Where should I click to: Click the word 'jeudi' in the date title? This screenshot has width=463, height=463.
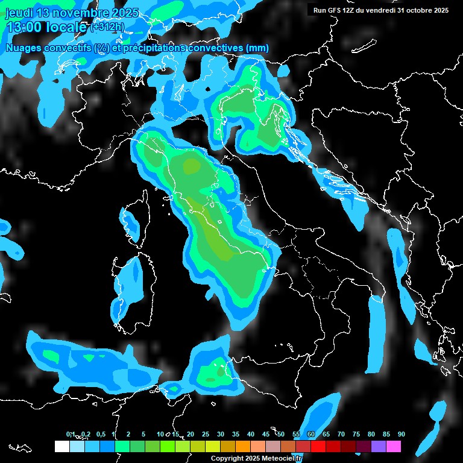(19, 13)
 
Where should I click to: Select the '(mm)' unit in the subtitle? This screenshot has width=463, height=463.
(257, 48)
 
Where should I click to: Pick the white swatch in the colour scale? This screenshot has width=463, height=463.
(61, 447)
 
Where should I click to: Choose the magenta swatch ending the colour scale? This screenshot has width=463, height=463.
(394, 447)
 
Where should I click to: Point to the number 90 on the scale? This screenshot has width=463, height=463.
(401, 435)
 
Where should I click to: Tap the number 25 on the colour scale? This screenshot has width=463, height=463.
(205, 435)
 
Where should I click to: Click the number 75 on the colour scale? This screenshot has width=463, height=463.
(356, 435)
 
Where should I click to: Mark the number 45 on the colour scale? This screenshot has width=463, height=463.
(265, 435)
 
